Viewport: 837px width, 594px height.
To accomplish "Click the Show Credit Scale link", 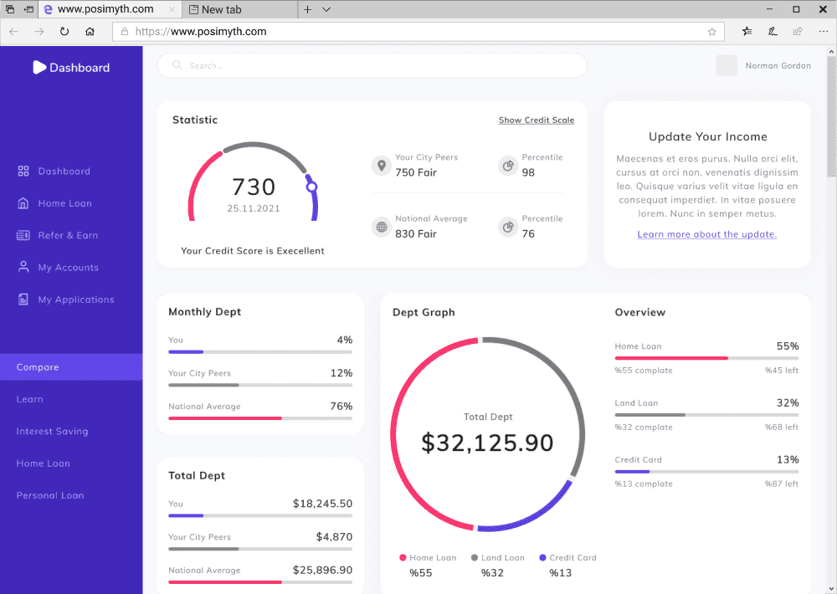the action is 537,120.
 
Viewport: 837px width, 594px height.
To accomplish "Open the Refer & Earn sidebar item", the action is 57,235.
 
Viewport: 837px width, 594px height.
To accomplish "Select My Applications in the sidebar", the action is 65,300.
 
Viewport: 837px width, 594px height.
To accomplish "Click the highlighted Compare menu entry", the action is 71,367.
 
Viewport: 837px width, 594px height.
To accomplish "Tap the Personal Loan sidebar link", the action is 50,495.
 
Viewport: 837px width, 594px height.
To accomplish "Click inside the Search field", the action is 372,65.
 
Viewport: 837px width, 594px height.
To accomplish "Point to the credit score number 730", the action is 254,187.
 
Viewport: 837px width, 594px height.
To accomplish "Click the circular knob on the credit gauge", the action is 311,187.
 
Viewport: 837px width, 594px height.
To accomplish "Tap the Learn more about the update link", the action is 706,234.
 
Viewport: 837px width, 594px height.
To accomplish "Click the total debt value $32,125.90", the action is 487,443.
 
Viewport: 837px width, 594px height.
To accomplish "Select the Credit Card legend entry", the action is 567,558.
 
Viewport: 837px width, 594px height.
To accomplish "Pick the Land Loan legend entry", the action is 497,558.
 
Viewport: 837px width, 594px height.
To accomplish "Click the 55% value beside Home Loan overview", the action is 788,346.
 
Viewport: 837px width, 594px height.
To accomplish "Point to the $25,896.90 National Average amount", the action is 322,570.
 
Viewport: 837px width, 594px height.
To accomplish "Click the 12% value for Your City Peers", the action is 341,373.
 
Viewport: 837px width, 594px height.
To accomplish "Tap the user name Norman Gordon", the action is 778,65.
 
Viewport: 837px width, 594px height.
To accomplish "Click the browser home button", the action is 90,32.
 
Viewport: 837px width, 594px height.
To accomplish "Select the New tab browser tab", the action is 239,9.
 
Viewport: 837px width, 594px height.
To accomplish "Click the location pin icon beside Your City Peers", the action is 381,166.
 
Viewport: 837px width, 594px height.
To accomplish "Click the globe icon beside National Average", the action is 381,227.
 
